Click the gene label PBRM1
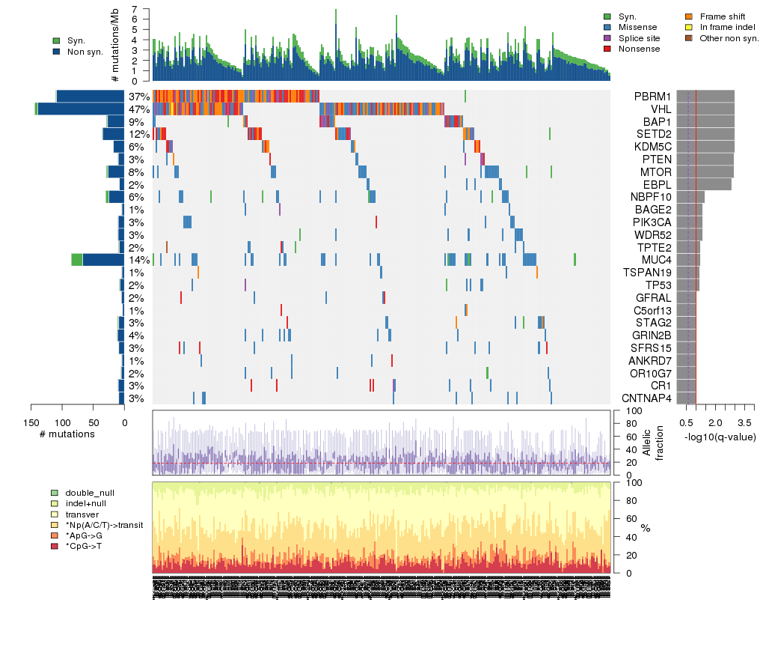tap(652, 97)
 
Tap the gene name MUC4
tap(656, 260)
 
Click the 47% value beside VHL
tap(139, 109)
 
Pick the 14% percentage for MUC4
tap(139, 260)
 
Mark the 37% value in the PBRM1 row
tap(139, 97)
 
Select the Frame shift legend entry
tap(722, 16)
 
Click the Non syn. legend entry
tap(85, 52)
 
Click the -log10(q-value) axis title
tap(719, 437)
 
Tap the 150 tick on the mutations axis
tap(31, 422)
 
